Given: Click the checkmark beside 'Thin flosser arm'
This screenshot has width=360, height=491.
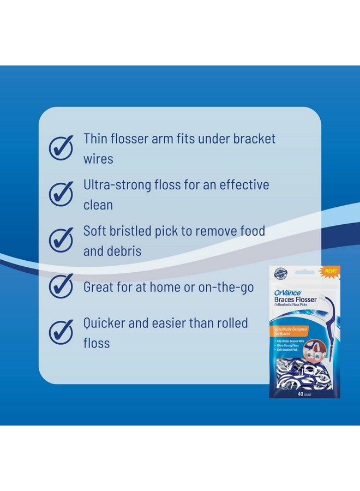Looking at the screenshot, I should pyautogui.click(x=61, y=147).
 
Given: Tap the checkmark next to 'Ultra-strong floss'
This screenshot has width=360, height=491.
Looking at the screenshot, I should pyautogui.click(x=61, y=194).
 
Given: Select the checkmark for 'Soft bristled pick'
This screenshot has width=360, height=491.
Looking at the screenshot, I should pyautogui.click(x=61, y=240).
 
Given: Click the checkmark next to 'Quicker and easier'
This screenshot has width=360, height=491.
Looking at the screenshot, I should pyautogui.click(x=61, y=332).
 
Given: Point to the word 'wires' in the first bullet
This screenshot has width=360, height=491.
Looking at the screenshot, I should pyautogui.click(x=98, y=159).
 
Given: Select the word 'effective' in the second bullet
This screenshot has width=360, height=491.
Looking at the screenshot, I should pyautogui.click(x=244, y=185).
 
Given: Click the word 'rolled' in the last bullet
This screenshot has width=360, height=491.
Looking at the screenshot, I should pyautogui.click(x=230, y=323).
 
